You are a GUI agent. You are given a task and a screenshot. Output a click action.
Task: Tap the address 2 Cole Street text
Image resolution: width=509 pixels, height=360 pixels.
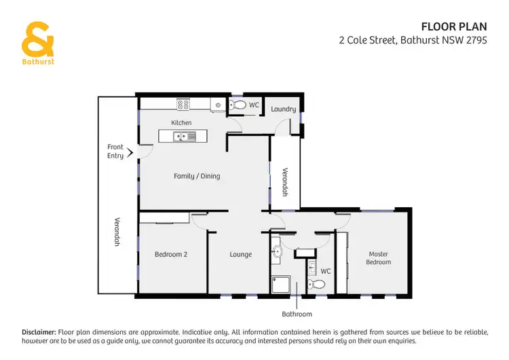click(423, 40)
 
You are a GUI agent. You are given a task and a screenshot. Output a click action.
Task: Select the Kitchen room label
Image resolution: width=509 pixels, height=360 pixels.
click(181, 123)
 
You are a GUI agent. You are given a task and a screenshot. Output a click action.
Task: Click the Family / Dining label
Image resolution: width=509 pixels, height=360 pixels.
click(197, 177)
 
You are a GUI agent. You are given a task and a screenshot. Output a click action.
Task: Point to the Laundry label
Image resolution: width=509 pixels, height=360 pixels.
click(283, 109)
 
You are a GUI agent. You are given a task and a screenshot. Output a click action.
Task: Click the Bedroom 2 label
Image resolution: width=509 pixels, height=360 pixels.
click(171, 254)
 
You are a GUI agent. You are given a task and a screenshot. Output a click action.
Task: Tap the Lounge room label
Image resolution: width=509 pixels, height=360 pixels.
click(241, 255)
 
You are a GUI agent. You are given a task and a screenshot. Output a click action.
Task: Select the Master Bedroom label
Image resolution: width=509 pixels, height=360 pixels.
click(379, 258)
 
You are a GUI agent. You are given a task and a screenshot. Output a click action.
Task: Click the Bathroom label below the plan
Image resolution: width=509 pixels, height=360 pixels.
click(297, 314)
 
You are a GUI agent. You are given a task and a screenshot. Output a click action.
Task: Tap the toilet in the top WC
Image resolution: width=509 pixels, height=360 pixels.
click(237, 105)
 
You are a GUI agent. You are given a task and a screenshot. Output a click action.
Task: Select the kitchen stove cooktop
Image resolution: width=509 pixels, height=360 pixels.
click(183, 105)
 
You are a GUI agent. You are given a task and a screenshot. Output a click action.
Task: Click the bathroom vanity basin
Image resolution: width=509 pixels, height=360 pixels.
click(276, 253)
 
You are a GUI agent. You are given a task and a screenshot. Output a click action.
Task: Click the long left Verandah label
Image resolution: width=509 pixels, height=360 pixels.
click(117, 231)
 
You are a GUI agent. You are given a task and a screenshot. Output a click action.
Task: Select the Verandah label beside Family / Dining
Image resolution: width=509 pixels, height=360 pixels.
click(286, 182)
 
